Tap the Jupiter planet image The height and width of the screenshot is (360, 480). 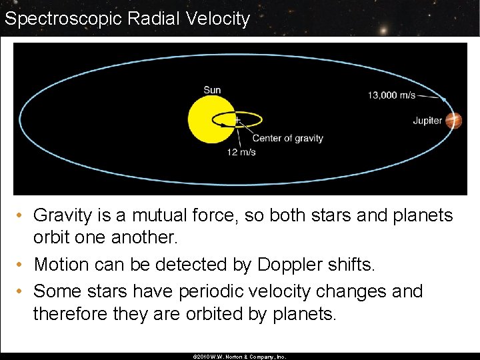pos(454,120)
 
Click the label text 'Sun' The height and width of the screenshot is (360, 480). pos(212,90)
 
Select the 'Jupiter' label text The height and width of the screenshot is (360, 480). pos(427,121)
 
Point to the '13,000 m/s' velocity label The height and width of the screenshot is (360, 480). pos(391,95)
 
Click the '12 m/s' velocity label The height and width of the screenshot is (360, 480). pos(241,152)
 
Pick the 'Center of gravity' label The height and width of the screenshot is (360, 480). pos(287,139)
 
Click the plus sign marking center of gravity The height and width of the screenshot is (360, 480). pos(237,121)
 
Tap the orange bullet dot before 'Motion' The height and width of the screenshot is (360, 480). pos(22,265)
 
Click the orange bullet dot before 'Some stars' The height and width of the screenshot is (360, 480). pos(22,291)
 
